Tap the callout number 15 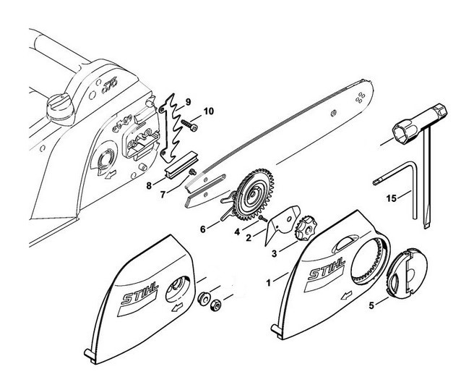391,195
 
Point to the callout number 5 371,305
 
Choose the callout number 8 150,185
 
